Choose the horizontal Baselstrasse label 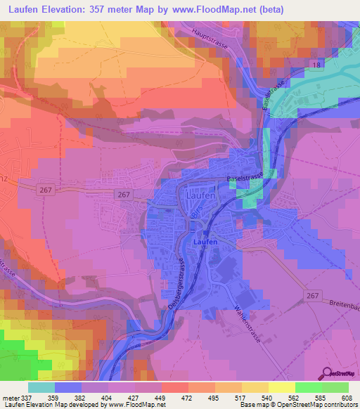(244, 178)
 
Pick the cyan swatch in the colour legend (41, 387)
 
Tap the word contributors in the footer (337, 405)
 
